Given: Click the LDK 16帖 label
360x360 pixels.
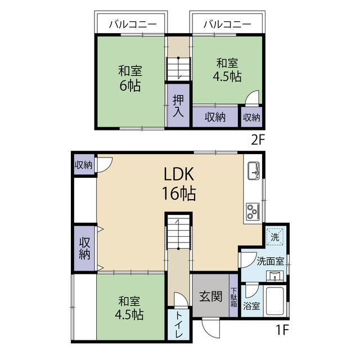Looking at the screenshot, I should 179,184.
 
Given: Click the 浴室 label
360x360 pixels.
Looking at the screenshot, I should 251,307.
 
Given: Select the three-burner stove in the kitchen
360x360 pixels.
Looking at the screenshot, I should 252,212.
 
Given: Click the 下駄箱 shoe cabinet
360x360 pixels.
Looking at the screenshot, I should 233,296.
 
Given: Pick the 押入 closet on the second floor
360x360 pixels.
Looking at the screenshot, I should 178,106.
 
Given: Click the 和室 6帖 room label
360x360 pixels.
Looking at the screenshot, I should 129,79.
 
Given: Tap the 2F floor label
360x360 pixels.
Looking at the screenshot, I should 257,141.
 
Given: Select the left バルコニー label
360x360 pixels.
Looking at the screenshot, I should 131,25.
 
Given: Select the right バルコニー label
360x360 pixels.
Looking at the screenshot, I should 226,25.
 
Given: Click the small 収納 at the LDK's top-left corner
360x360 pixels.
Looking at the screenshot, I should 84,165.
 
